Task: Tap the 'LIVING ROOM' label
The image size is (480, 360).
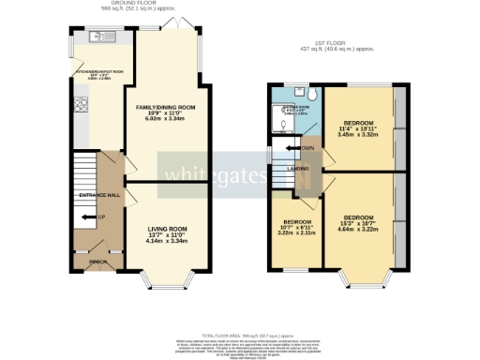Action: coord(167,229)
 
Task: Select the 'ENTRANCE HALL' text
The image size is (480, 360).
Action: coord(98,194)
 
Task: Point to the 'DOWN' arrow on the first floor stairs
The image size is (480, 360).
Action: coord(307,148)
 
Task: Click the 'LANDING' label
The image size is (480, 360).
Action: coord(298,169)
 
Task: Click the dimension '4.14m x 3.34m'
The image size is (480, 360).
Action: coord(167,242)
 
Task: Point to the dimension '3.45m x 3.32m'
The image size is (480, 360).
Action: coord(358,136)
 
